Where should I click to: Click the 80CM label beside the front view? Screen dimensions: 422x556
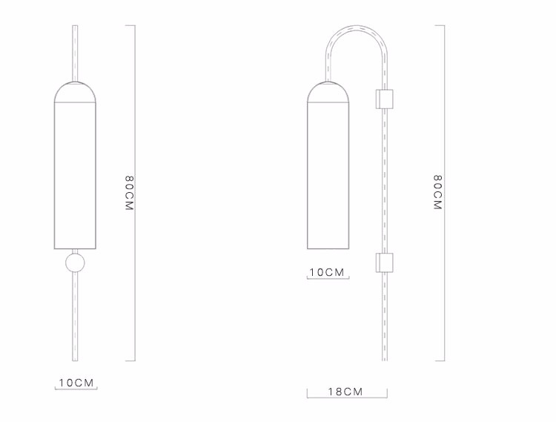(x=129, y=194)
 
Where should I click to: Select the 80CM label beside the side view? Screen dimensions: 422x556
(x=438, y=194)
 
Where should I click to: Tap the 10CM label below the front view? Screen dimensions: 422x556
(x=77, y=383)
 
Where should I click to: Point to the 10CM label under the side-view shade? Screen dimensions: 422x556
(x=327, y=272)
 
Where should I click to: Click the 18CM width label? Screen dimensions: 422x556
(x=346, y=392)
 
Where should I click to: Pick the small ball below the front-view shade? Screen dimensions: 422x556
(x=74, y=263)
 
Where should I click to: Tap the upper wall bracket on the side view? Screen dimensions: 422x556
(x=384, y=99)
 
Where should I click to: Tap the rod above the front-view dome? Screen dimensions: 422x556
(x=74, y=52)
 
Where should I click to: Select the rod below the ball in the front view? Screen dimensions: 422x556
(x=74, y=319)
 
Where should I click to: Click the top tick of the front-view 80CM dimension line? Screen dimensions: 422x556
(x=130, y=26)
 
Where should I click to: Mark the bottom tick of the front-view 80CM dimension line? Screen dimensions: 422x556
(x=130, y=361)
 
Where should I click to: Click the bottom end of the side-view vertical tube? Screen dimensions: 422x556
(x=384, y=360)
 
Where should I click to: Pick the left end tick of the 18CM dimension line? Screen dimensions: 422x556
(x=307, y=392)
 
